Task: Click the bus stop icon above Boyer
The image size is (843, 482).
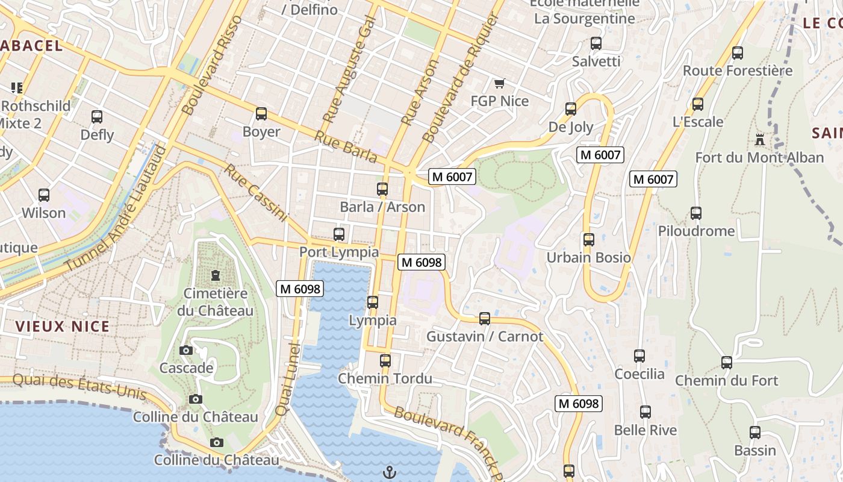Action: (261, 113)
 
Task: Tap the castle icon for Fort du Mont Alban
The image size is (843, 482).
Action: (760, 139)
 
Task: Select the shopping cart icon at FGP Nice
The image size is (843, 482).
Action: (499, 83)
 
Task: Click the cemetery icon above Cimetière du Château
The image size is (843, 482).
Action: (215, 275)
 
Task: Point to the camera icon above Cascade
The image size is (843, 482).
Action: (186, 350)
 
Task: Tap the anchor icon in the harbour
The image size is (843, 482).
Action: (390, 472)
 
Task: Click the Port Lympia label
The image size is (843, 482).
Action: (339, 252)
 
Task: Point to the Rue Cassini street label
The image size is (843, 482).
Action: (255, 192)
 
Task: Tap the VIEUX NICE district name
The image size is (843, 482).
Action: (63, 327)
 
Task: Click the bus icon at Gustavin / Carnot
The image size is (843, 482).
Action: (485, 318)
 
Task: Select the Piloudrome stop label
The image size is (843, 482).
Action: (696, 231)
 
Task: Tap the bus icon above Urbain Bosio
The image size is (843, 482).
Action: (589, 239)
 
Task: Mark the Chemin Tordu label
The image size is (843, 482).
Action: (385, 378)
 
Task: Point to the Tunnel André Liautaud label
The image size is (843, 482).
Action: (116, 208)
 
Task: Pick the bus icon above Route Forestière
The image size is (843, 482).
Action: (738, 52)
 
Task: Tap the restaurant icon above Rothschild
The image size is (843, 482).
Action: (16, 88)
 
